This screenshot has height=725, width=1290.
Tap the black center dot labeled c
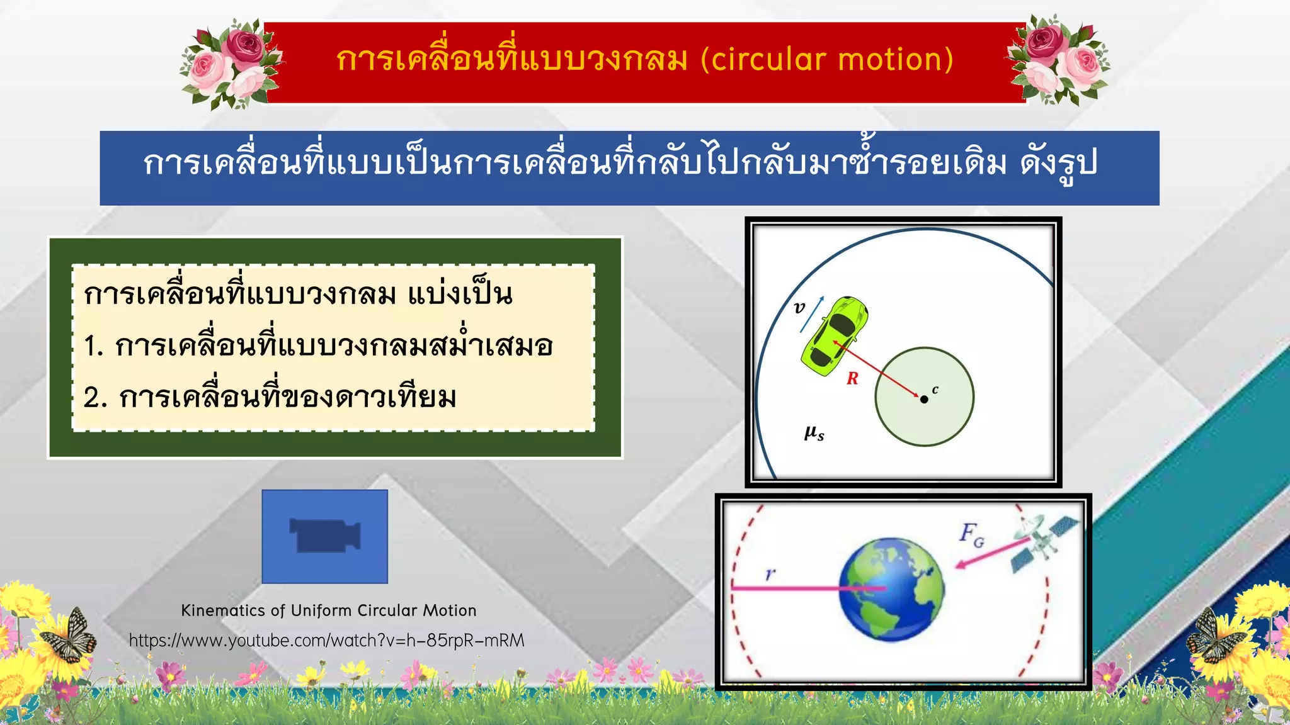point(924,399)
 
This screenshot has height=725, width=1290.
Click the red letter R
point(852,378)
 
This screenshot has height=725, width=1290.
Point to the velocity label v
point(799,307)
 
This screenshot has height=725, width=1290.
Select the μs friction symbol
point(814,433)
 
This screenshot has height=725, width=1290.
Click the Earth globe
point(891,589)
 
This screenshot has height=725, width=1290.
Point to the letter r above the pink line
point(770,574)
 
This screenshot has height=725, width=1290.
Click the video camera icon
point(324,536)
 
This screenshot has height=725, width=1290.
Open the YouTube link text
point(326,641)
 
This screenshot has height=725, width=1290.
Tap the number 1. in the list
point(93,346)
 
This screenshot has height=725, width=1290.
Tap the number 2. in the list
point(94,398)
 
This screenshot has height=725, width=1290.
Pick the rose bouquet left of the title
point(230,63)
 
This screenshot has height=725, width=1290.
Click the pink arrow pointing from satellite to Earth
point(986,552)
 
